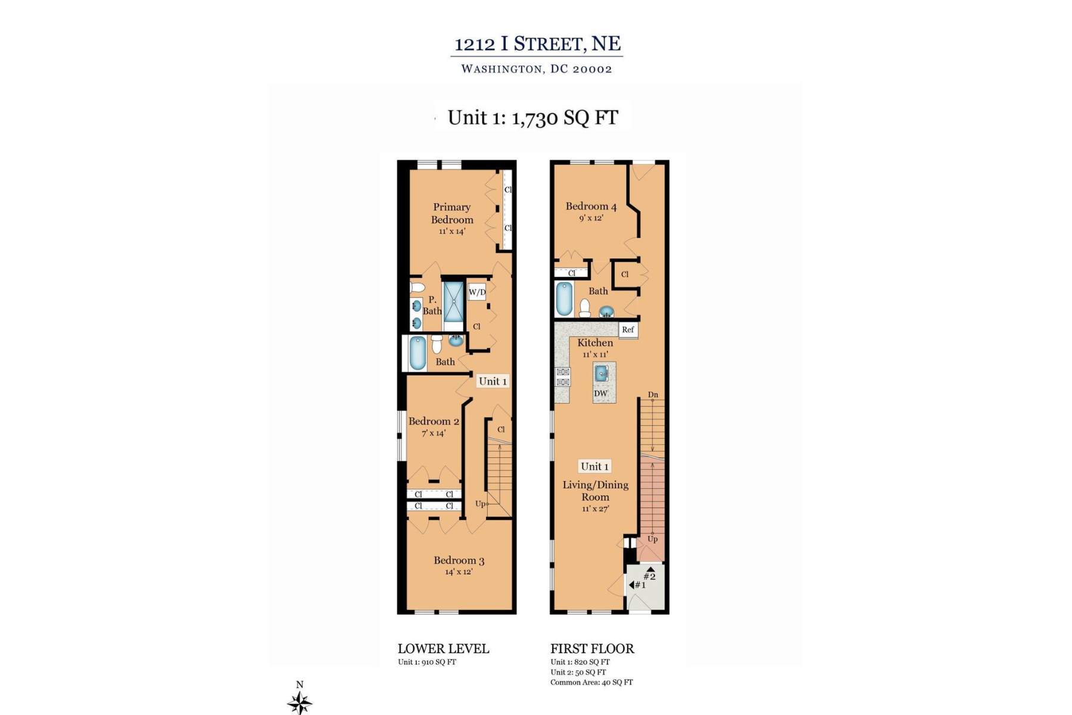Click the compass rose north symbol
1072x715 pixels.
[x=300, y=701]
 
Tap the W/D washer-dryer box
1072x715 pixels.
[x=477, y=292]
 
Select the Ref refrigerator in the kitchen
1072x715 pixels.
[x=628, y=329]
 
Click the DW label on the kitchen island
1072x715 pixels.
[x=600, y=393]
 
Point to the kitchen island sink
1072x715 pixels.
[x=602, y=374]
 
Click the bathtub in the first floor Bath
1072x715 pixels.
[x=564, y=299]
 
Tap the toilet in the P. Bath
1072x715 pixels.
[x=418, y=287]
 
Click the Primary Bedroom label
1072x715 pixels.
[x=452, y=213]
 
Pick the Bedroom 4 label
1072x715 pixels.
[x=591, y=206]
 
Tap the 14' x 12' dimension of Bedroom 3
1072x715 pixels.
[x=459, y=572]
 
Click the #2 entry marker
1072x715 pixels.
[x=649, y=576]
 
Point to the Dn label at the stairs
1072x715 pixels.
[x=653, y=394]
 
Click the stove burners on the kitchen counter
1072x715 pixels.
[x=563, y=377]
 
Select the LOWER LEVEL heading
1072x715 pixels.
[x=443, y=649]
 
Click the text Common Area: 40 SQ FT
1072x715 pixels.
[x=591, y=682]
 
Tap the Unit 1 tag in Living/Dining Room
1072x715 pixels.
[x=595, y=467]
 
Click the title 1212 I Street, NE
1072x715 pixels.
[x=537, y=44]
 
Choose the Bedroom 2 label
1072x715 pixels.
[x=434, y=421]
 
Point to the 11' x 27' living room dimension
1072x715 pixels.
[x=596, y=509]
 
